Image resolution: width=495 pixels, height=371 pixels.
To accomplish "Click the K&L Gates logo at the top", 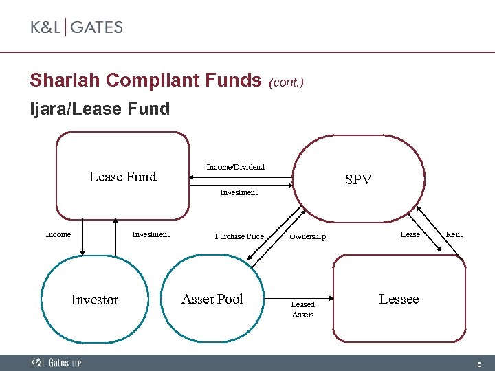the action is coord(76,27).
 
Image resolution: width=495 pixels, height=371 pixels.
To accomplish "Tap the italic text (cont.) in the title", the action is coord(286,82).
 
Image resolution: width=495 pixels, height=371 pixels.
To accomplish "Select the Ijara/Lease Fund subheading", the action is coord(99,109).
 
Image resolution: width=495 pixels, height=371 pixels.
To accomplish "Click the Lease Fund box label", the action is coord(122,177).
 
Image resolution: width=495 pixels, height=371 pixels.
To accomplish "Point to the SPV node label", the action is coord(358,180).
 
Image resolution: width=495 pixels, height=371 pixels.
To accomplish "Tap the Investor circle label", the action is coord(95,300).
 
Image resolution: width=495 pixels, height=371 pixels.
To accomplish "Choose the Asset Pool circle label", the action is coord(212,299).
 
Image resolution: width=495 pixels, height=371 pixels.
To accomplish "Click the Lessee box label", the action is coord(399,299).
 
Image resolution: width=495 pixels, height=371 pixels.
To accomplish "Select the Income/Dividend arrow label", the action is coord(235,167).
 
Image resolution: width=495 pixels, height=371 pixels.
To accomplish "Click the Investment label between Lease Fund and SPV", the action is coord(239,192).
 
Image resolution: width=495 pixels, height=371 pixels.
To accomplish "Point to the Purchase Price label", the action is coord(239,236).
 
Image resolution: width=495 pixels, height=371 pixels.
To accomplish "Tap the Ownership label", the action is coord(307,236).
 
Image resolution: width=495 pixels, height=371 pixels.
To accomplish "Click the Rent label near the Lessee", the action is coord(454,234).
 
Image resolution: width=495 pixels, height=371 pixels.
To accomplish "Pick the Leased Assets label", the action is coord(302,309).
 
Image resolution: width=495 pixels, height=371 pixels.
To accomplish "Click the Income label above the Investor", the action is coord(58,234).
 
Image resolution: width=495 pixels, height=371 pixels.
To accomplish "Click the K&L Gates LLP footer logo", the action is coord(54,363).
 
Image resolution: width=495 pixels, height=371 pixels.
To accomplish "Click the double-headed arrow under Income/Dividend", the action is coord(241,178).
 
